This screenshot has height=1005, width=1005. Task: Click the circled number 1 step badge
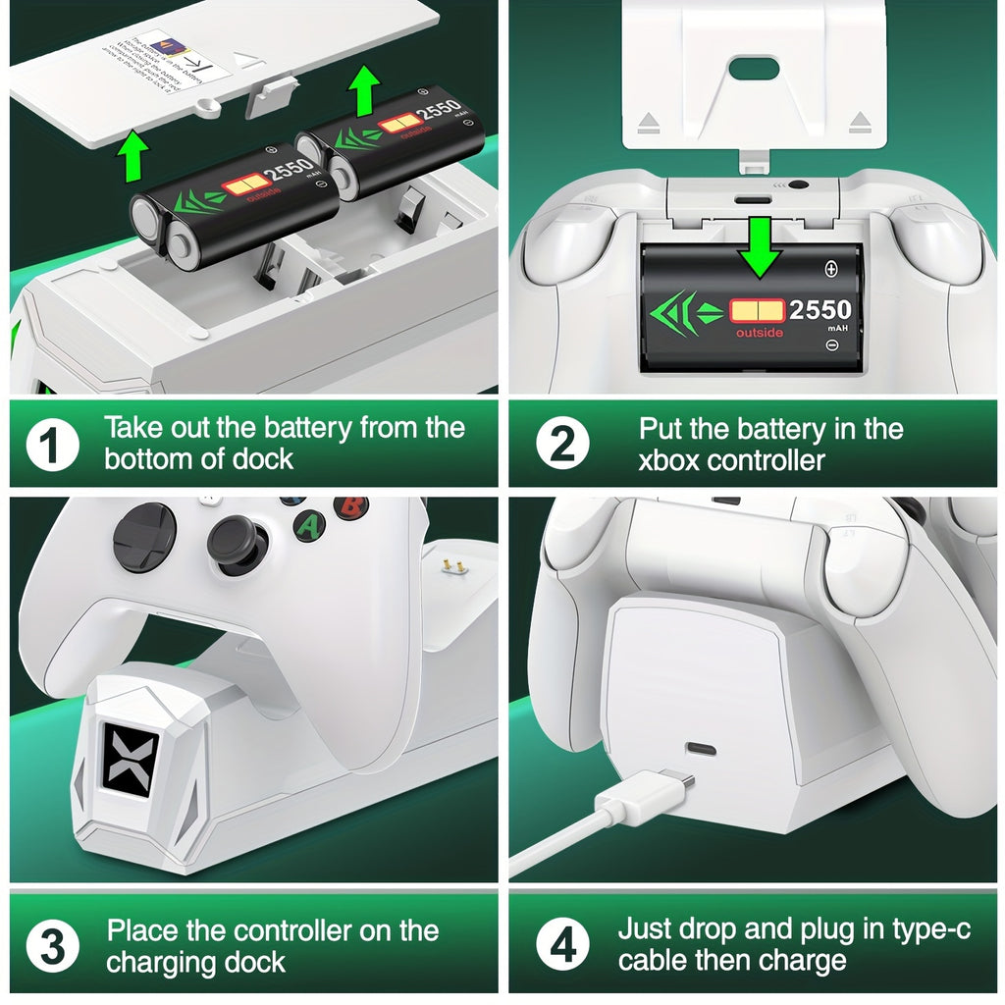pos(52,446)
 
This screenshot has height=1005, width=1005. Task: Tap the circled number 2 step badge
pos(562,446)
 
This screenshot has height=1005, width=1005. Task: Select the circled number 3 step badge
pos(52,948)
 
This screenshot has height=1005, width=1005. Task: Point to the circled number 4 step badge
pos(562,948)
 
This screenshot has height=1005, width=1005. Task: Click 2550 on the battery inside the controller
pos(820,310)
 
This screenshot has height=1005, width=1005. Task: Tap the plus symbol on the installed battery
pos(832,268)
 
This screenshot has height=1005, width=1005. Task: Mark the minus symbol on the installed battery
pos(832,345)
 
